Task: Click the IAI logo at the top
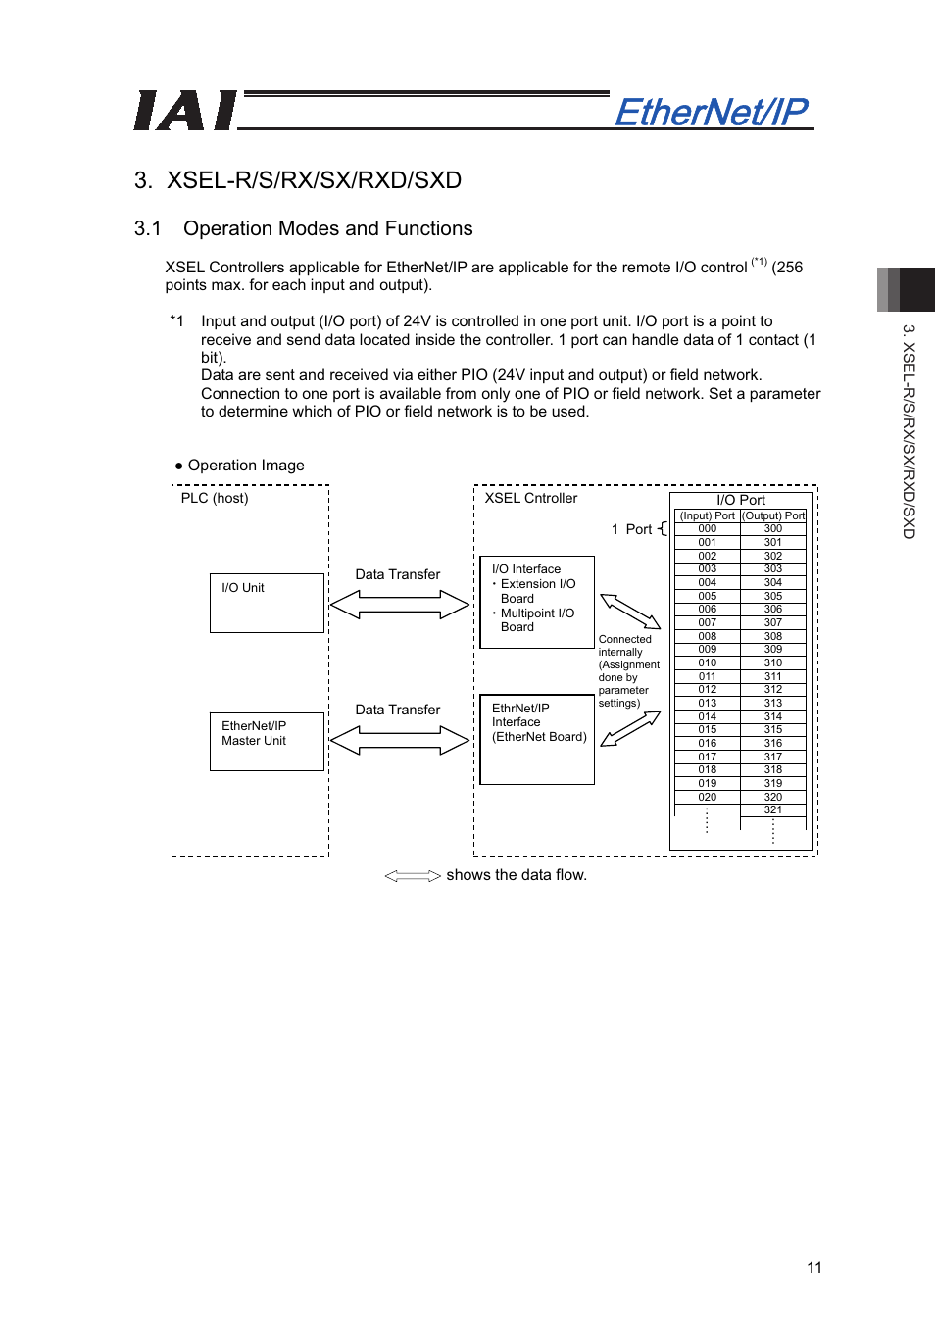click(185, 111)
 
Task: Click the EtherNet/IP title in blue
click(712, 112)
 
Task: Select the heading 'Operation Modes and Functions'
click(327, 228)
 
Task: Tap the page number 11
click(813, 1267)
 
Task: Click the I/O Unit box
click(267, 603)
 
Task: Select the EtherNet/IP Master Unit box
click(267, 741)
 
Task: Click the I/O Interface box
click(537, 602)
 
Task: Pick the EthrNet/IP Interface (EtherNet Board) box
click(537, 739)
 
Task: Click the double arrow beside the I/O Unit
click(399, 605)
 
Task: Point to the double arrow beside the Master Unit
click(399, 740)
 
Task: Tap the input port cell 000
click(707, 529)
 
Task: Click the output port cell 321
click(773, 810)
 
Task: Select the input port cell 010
click(707, 663)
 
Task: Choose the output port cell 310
click(773, 663)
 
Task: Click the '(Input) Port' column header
click(707, 515)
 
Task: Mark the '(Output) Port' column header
click(773, 515)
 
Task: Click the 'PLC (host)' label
click(215, 498)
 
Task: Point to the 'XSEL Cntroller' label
click(530, 498)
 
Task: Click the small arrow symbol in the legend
click(413, 876)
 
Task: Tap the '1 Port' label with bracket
click(638, 529)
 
